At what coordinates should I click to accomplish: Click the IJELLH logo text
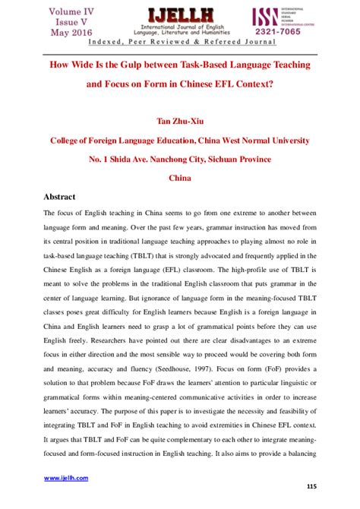click(179, 14)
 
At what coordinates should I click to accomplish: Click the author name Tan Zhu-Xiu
click(179, 120)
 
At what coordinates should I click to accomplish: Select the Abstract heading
click(65, 195)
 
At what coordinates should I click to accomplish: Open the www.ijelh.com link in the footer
click(66, 478)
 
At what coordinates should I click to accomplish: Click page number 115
click(311, 486)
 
